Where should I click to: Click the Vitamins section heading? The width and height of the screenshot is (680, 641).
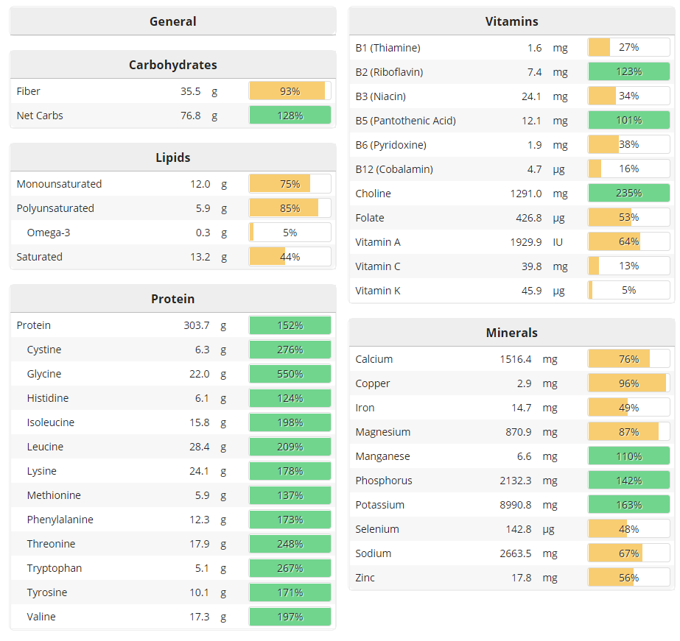click(x=511, y=21)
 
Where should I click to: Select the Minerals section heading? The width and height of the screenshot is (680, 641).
click(x=511, y=333)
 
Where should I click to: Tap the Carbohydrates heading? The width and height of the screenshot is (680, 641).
click(x=172, y=65)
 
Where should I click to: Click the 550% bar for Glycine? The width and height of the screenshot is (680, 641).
click(x=290, y=374)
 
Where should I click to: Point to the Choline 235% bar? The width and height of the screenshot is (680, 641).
click(x=628, y=194)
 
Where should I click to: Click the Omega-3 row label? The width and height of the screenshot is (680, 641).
click(x=48, y=233)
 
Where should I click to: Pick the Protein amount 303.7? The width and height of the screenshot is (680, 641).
click(x=197, y=325)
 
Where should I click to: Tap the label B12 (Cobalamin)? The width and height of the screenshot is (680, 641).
click(x=394, y=169)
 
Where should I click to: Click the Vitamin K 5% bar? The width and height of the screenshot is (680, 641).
click(x=628, y=291)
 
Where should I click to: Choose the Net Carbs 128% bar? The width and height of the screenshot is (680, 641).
click(x=290, y=116)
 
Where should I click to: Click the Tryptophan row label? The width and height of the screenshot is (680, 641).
click(x=55, y=568)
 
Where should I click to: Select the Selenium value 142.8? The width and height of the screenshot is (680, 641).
click(x=515, y=529)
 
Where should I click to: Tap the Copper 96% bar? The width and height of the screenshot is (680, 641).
click(x=628, y=383)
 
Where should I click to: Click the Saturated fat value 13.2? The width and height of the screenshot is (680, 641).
click(x=200, y=257)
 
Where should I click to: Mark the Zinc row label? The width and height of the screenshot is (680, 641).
click(x=365, y=578)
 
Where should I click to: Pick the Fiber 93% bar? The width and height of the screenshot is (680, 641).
click(x=290, y=91)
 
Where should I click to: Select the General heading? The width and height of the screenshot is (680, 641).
click(x=172, y=21)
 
